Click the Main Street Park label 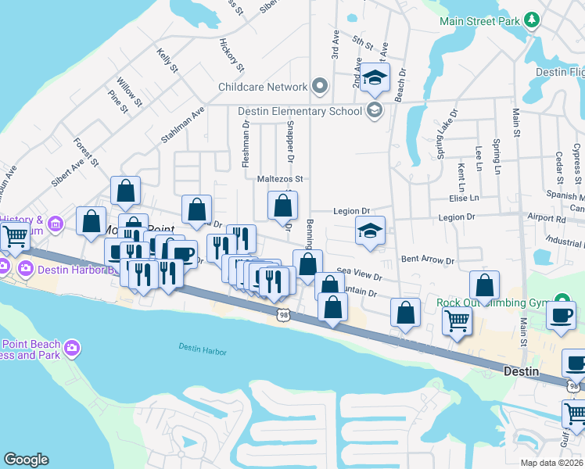point(480,20)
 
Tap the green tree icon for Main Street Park point(532,20)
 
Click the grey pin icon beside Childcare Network point(319,86)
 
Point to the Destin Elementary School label point(300,111)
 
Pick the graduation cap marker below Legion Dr point(371,231)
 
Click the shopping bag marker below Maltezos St point(283,207)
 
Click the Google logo point(26,460)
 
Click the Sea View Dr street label point(359,274)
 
